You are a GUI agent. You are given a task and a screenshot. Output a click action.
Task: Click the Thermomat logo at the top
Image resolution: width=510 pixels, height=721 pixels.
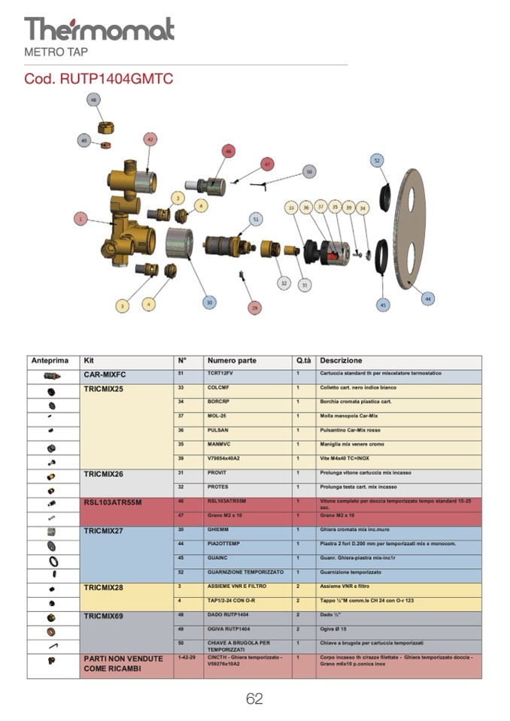(x=99, y=29)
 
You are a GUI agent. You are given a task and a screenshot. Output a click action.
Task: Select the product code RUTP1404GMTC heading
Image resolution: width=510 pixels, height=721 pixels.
(x=93, y=79)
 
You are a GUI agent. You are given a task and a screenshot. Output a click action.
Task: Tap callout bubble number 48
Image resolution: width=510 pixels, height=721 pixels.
(x=93, y=99)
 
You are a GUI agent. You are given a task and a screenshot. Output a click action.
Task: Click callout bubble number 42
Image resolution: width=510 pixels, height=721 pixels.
(x=150, y=139)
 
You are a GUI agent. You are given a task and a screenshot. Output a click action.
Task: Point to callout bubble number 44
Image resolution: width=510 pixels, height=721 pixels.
(x=428, y=298)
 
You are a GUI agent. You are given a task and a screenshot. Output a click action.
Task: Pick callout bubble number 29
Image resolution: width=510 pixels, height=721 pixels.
(x=254, y=307)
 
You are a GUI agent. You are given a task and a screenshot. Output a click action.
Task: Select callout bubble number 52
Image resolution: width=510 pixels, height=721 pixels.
(x=377, y=159)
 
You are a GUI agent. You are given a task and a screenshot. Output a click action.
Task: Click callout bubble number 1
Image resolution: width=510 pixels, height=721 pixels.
(x=80, y=219)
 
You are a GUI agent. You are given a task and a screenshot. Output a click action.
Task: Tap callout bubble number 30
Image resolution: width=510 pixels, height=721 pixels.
(x=209, y=302)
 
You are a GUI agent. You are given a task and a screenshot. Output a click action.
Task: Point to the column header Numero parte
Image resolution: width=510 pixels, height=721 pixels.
(x=232, y=361)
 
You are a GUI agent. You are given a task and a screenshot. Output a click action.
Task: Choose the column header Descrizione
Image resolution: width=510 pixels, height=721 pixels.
(x=341, y=361)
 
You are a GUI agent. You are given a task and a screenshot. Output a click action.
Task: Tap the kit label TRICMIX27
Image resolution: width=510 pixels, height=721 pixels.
(x=105, y=530)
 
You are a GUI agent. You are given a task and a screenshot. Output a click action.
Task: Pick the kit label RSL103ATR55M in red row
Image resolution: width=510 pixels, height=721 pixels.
(x=113, y=502)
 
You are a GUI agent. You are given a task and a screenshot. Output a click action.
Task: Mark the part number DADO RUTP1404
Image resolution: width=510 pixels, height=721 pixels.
(x=228, y=615)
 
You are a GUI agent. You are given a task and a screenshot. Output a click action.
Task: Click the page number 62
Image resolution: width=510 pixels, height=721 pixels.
(x=254, y=698)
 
